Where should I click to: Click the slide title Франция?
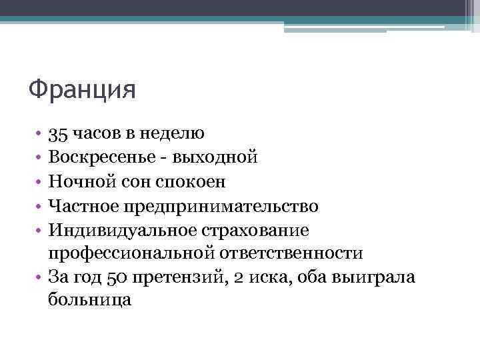click(x=82, y=89)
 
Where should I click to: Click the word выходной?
click(x=229, y=157)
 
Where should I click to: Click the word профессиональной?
click(x=131, y=253)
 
